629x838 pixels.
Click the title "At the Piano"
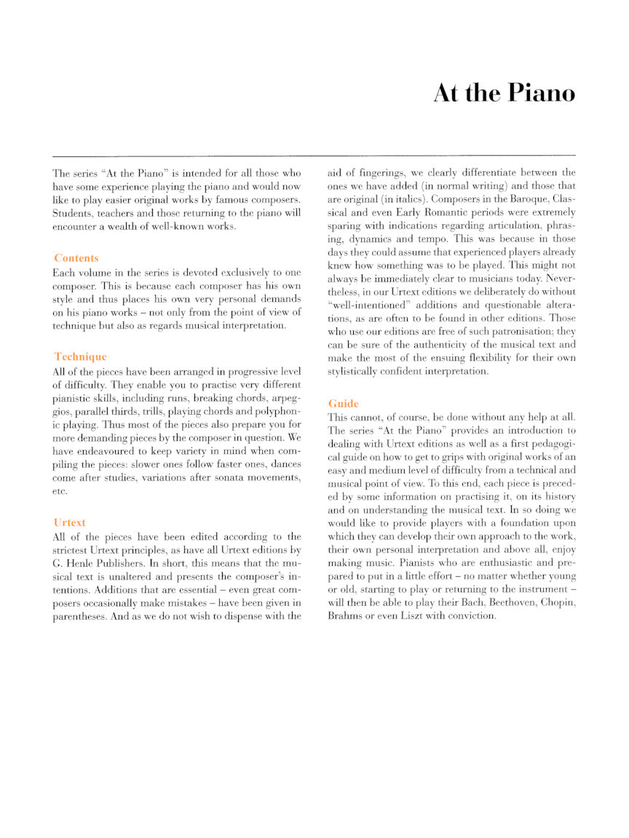tap(504, 94)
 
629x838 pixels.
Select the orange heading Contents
tap(76, 258)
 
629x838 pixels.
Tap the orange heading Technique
tap(80, 356)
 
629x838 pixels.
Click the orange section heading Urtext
tap(69, 522)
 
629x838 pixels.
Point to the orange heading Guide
tap(344, 403)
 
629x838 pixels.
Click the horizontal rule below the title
tap(314, 155)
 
